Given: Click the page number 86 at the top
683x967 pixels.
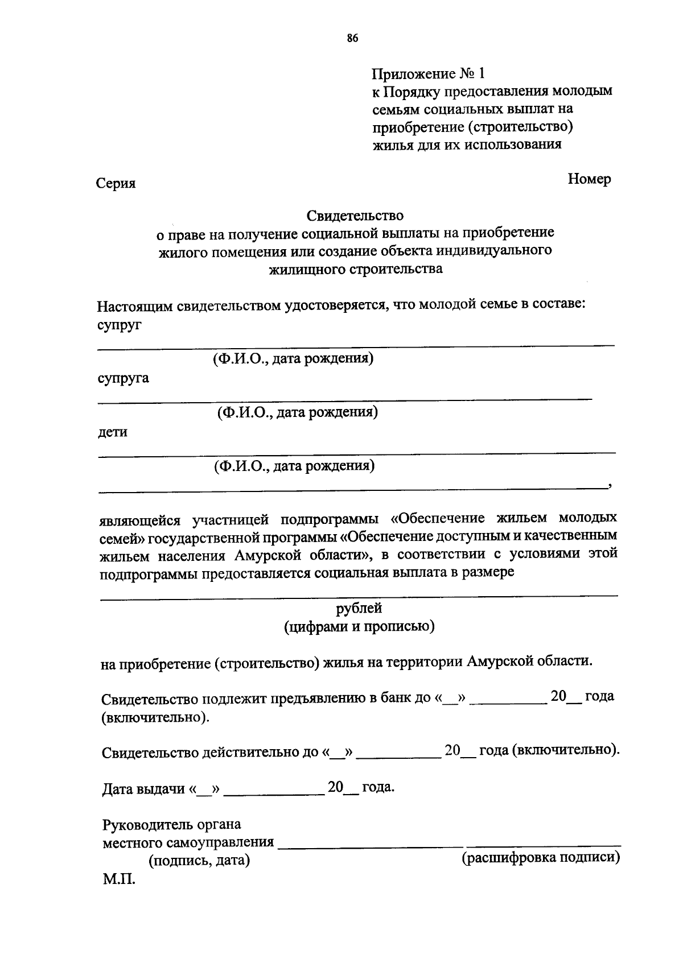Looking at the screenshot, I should click(352, 38).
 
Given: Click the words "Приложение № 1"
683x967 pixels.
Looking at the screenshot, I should click(428, 74).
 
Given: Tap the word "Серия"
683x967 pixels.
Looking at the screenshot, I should click(116, 183).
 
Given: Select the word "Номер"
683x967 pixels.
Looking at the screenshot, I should click(589, 179).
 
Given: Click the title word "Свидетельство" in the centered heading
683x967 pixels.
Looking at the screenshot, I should click(355, 216).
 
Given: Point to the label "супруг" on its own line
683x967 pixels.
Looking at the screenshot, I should click(119, 325).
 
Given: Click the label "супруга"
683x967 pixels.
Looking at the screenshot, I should click(123, 378).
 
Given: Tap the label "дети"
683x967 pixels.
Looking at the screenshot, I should click(112, 432).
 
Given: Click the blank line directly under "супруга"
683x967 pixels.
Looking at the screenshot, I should click(344, 399).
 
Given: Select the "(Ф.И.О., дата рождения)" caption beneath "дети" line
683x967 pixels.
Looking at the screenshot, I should click(294, 466).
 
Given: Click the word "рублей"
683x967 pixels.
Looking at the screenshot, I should click(359, 608).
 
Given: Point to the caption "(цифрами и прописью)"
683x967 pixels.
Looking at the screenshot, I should click(359, 626).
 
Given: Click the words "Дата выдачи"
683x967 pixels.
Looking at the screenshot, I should click(143, 789).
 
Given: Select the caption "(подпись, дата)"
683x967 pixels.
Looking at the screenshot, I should click(199, 861).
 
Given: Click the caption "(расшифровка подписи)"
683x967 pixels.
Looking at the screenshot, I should click(540, 857).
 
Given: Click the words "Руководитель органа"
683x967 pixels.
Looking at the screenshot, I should click(171, 824).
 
